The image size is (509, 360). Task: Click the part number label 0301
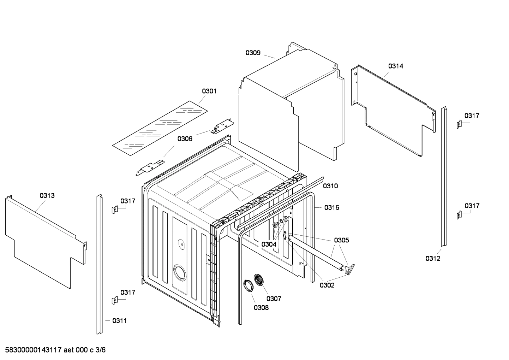click(x=209, y=91)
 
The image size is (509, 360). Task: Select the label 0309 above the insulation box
click(x=253, y=53)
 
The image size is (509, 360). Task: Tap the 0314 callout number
click(x=396, y=66)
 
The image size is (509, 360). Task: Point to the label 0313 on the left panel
click(x=47, y=195)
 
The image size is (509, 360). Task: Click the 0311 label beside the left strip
click(x=120, y=321)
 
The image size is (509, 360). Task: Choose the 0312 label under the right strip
click(x=433, y=259)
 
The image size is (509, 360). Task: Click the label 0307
click(x=274, y=299)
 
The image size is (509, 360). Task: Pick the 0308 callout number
click(x=261, y=308)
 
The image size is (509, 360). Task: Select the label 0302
click(x=327, y=285)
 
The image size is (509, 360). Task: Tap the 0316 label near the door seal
click(x=332, y=207)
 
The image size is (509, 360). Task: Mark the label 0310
click(x=330, y=186)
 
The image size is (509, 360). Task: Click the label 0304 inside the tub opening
click(x=269, y=244)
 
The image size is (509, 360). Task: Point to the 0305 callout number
click(x=341, y=240)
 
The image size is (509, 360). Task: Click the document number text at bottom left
click(x=53, y=350)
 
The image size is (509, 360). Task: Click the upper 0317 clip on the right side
click(x=459, y=124)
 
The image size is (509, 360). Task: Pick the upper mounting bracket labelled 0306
click(x=222, y=127)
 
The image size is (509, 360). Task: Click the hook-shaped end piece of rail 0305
click(x=351, y=268)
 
